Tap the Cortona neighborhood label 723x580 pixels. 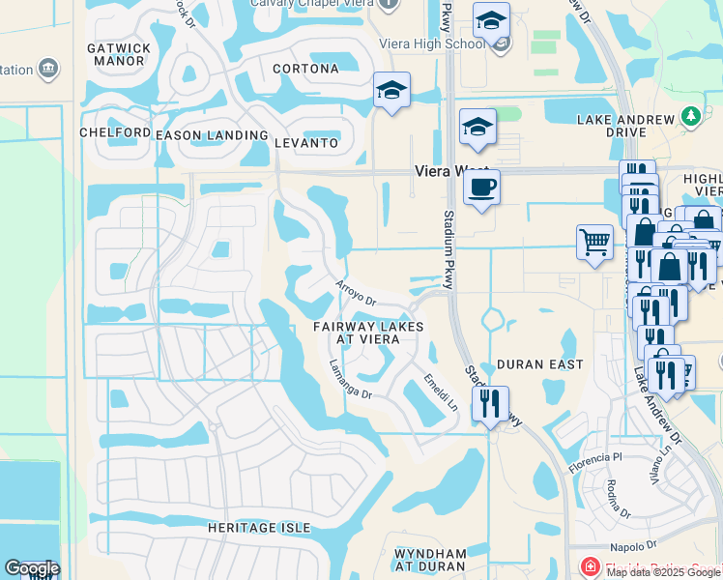(x=305, y=69)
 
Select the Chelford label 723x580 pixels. (x=115, y=132)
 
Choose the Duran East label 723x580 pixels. (x=539, y=364)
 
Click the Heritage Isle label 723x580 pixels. (x=259, y=528)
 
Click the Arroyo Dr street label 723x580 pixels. (x=355, y=293)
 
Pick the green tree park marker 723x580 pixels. (x=691, y=117)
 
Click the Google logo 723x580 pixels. (x=32, y=568)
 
